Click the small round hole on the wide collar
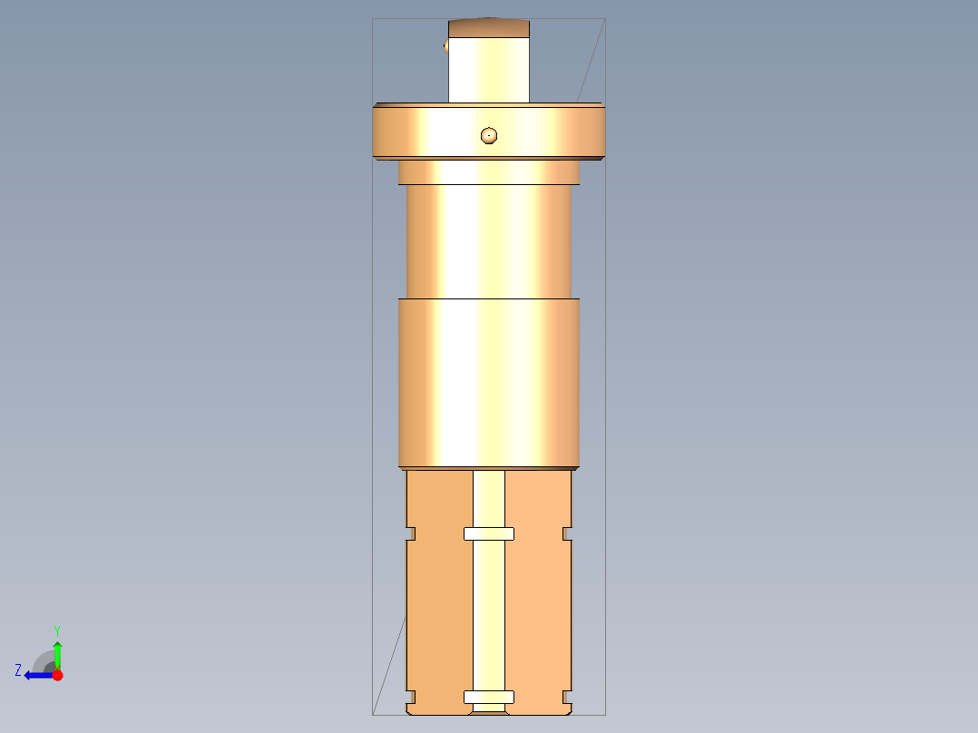tap(489, 135)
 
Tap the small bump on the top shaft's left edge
tap(445, 46)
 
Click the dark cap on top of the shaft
tap(489, 28)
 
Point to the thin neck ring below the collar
tap(489, 172)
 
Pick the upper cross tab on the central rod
tap(489, 533)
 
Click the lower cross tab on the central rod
tap(489, 697)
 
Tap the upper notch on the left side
tap(410, 533)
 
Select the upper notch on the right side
tap(568, 533)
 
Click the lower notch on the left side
tap(410, 697)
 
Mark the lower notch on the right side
tap(568, 697)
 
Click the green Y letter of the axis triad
tap(56, 630)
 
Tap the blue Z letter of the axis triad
tap(18, 670)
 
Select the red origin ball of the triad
tap(57, 675)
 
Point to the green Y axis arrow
tap(57, 653)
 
